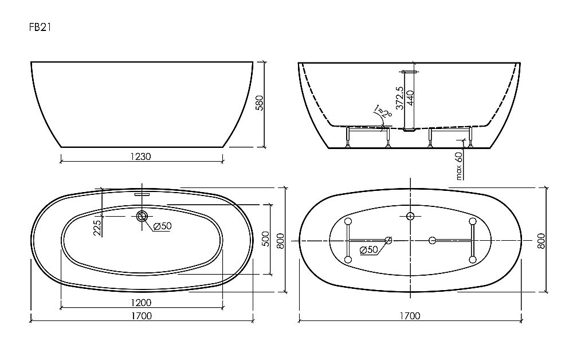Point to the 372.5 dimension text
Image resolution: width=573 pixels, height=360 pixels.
click(x=400, y=99)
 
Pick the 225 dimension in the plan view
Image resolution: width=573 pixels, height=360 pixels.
click(x=97, y=227)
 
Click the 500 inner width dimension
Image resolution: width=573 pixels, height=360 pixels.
click(x=265, y=238)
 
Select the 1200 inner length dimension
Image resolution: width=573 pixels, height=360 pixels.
click(x=140, y=302)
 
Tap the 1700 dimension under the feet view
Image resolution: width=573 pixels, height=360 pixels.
click(x=410, y=315)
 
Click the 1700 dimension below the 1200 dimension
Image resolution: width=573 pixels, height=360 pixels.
click(x=140, y=315)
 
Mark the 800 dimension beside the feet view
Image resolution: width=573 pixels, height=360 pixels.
click(x=541, y=241)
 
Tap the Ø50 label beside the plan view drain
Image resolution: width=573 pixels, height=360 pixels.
click(x=162, y=226)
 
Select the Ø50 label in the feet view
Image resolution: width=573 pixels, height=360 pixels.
click(x=370, y=249)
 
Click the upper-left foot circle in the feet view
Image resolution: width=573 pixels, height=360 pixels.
click(x=347, y=221)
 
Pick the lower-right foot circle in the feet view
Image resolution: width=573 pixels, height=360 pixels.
click(x=472, y=260)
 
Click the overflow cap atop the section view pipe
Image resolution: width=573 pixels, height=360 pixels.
click(x=410, y=72)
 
